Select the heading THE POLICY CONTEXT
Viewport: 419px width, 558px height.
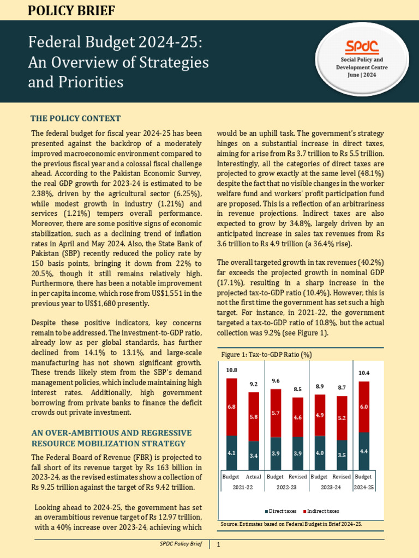[76, 118]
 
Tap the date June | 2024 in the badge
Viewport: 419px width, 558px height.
[362, 75]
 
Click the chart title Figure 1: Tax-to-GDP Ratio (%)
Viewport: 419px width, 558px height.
[266, 354]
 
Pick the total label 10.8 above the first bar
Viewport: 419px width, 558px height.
[231, 370]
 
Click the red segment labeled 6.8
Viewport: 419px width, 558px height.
[231, 407]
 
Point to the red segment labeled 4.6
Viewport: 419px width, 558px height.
[297, 417]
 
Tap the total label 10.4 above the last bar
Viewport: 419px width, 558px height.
[363, 373]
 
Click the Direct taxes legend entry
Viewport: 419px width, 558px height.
[282, 511]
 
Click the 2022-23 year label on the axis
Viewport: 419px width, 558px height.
[286, 487]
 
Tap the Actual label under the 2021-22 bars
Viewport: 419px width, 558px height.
[254, 476]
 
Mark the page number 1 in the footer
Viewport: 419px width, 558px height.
[218, 544]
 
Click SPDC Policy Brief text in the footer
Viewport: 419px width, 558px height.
[181, 544]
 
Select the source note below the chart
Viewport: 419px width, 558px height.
[291, 523]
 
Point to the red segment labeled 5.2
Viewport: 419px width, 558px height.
[342, 417]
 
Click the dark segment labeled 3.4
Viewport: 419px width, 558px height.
[254, 455]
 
